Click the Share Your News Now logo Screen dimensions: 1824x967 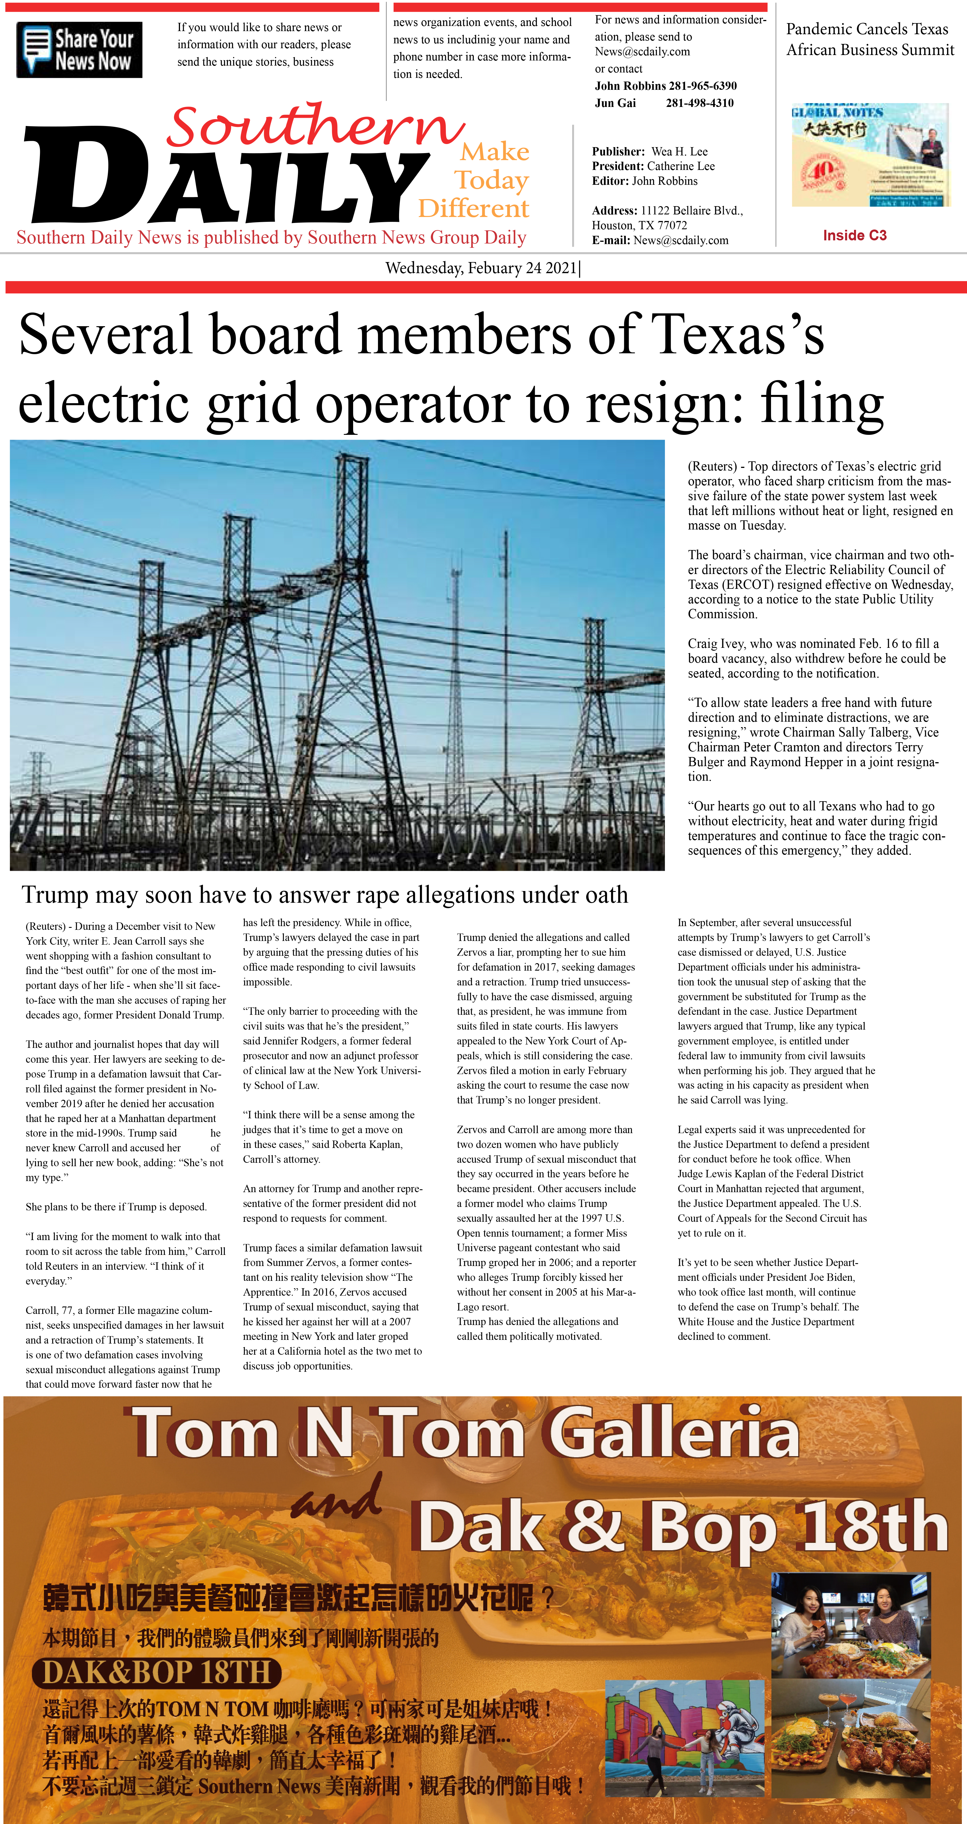79,50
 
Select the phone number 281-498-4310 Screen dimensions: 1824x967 699,103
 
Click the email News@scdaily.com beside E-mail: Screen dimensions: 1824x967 681,240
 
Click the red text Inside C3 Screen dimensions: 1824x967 854,235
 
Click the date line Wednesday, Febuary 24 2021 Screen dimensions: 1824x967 482,268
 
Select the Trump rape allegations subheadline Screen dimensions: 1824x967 324,895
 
